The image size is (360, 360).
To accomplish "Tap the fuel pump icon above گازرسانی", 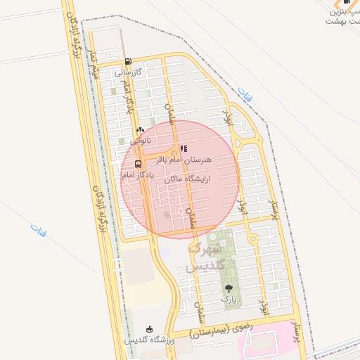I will (x=127, y=62).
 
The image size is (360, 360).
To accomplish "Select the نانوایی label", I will (x=139, y=140).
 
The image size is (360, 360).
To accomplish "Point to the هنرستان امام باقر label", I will (x=187, y=160).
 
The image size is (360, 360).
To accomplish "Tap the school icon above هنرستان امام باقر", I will (x=184, y=148).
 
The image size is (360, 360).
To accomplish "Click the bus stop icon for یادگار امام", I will (x=137, y=165).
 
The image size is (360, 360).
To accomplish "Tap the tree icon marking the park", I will (x=228, y=288).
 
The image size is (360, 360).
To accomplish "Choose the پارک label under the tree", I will (x=229, y=300).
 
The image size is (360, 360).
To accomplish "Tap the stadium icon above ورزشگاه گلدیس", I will (x=148, y=329).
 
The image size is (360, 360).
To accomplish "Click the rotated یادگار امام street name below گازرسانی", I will (x=127, y=98).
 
